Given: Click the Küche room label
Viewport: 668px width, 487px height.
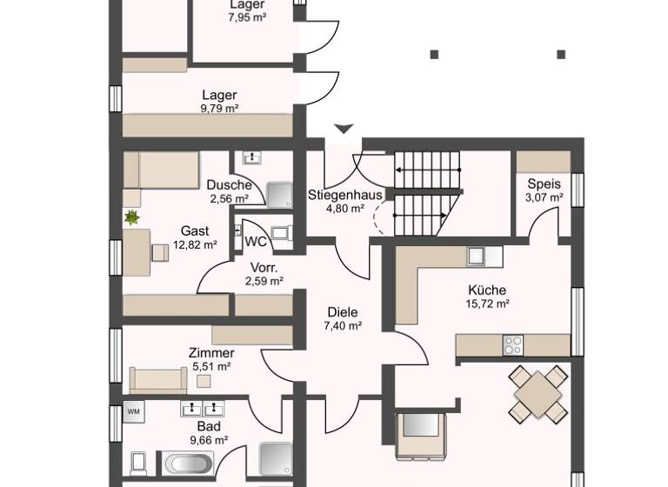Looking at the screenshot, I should coord(485,290).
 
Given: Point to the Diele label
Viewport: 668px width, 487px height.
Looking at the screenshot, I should coord(342,312).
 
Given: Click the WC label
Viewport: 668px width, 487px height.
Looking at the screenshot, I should coord(255,241).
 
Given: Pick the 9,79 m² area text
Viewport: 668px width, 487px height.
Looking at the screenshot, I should coord(218,109).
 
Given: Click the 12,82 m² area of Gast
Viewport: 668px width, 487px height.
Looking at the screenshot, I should coord(194,244).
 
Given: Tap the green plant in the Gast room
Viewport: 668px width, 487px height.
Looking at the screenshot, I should coord(132,217).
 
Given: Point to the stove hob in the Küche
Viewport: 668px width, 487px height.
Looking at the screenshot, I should coord(512,344).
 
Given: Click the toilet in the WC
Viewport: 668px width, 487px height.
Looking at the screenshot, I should coord(281,233).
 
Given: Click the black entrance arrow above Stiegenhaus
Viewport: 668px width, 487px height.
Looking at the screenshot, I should coord(344,130).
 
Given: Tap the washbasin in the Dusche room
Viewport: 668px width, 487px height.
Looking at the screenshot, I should coord(252,158).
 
